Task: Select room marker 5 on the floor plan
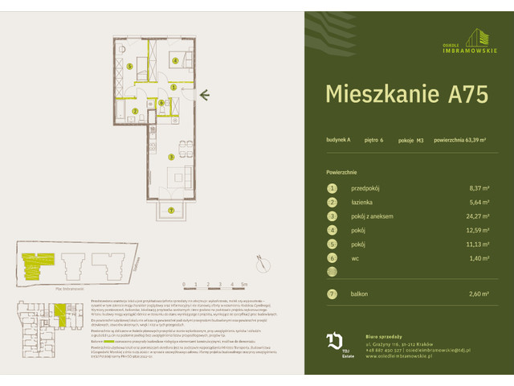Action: pyautogui.click(x=129, y=67)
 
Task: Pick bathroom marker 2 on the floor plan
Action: pyautogui.click(x=135, y=111)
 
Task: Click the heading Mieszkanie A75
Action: pyautogui.click(x=406, y=94)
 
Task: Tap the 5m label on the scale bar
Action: pyautogui.click(x=243, y=284)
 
